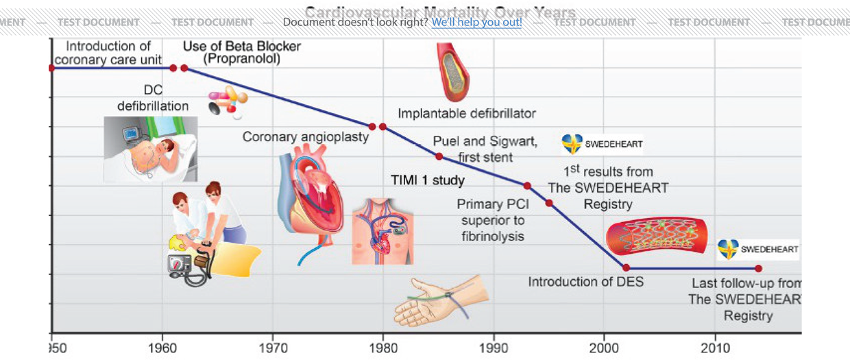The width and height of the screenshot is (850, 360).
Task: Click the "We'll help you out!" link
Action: click(x=476, y=22)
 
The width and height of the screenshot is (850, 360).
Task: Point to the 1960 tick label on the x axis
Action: click(x=162, y=348)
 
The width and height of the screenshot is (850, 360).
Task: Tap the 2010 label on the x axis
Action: click(x=715, y=348)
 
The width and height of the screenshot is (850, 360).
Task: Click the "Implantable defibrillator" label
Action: click(x=467, y=113)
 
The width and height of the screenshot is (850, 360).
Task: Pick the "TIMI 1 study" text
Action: click(x=427, y=181)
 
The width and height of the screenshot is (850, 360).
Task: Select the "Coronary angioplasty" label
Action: click(x=306, y=137)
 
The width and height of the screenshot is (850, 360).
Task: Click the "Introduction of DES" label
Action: click(x=585, y=282)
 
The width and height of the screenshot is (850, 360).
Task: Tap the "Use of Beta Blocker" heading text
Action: click(x=242, y=47)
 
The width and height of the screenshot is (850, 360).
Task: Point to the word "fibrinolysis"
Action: click(x=492, y=236)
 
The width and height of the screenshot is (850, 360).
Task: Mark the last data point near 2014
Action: click(x=758, y=268)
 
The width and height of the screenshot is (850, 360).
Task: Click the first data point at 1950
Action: click(x=51, y=68)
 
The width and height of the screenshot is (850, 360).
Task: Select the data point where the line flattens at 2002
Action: click(x=626, y=267)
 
